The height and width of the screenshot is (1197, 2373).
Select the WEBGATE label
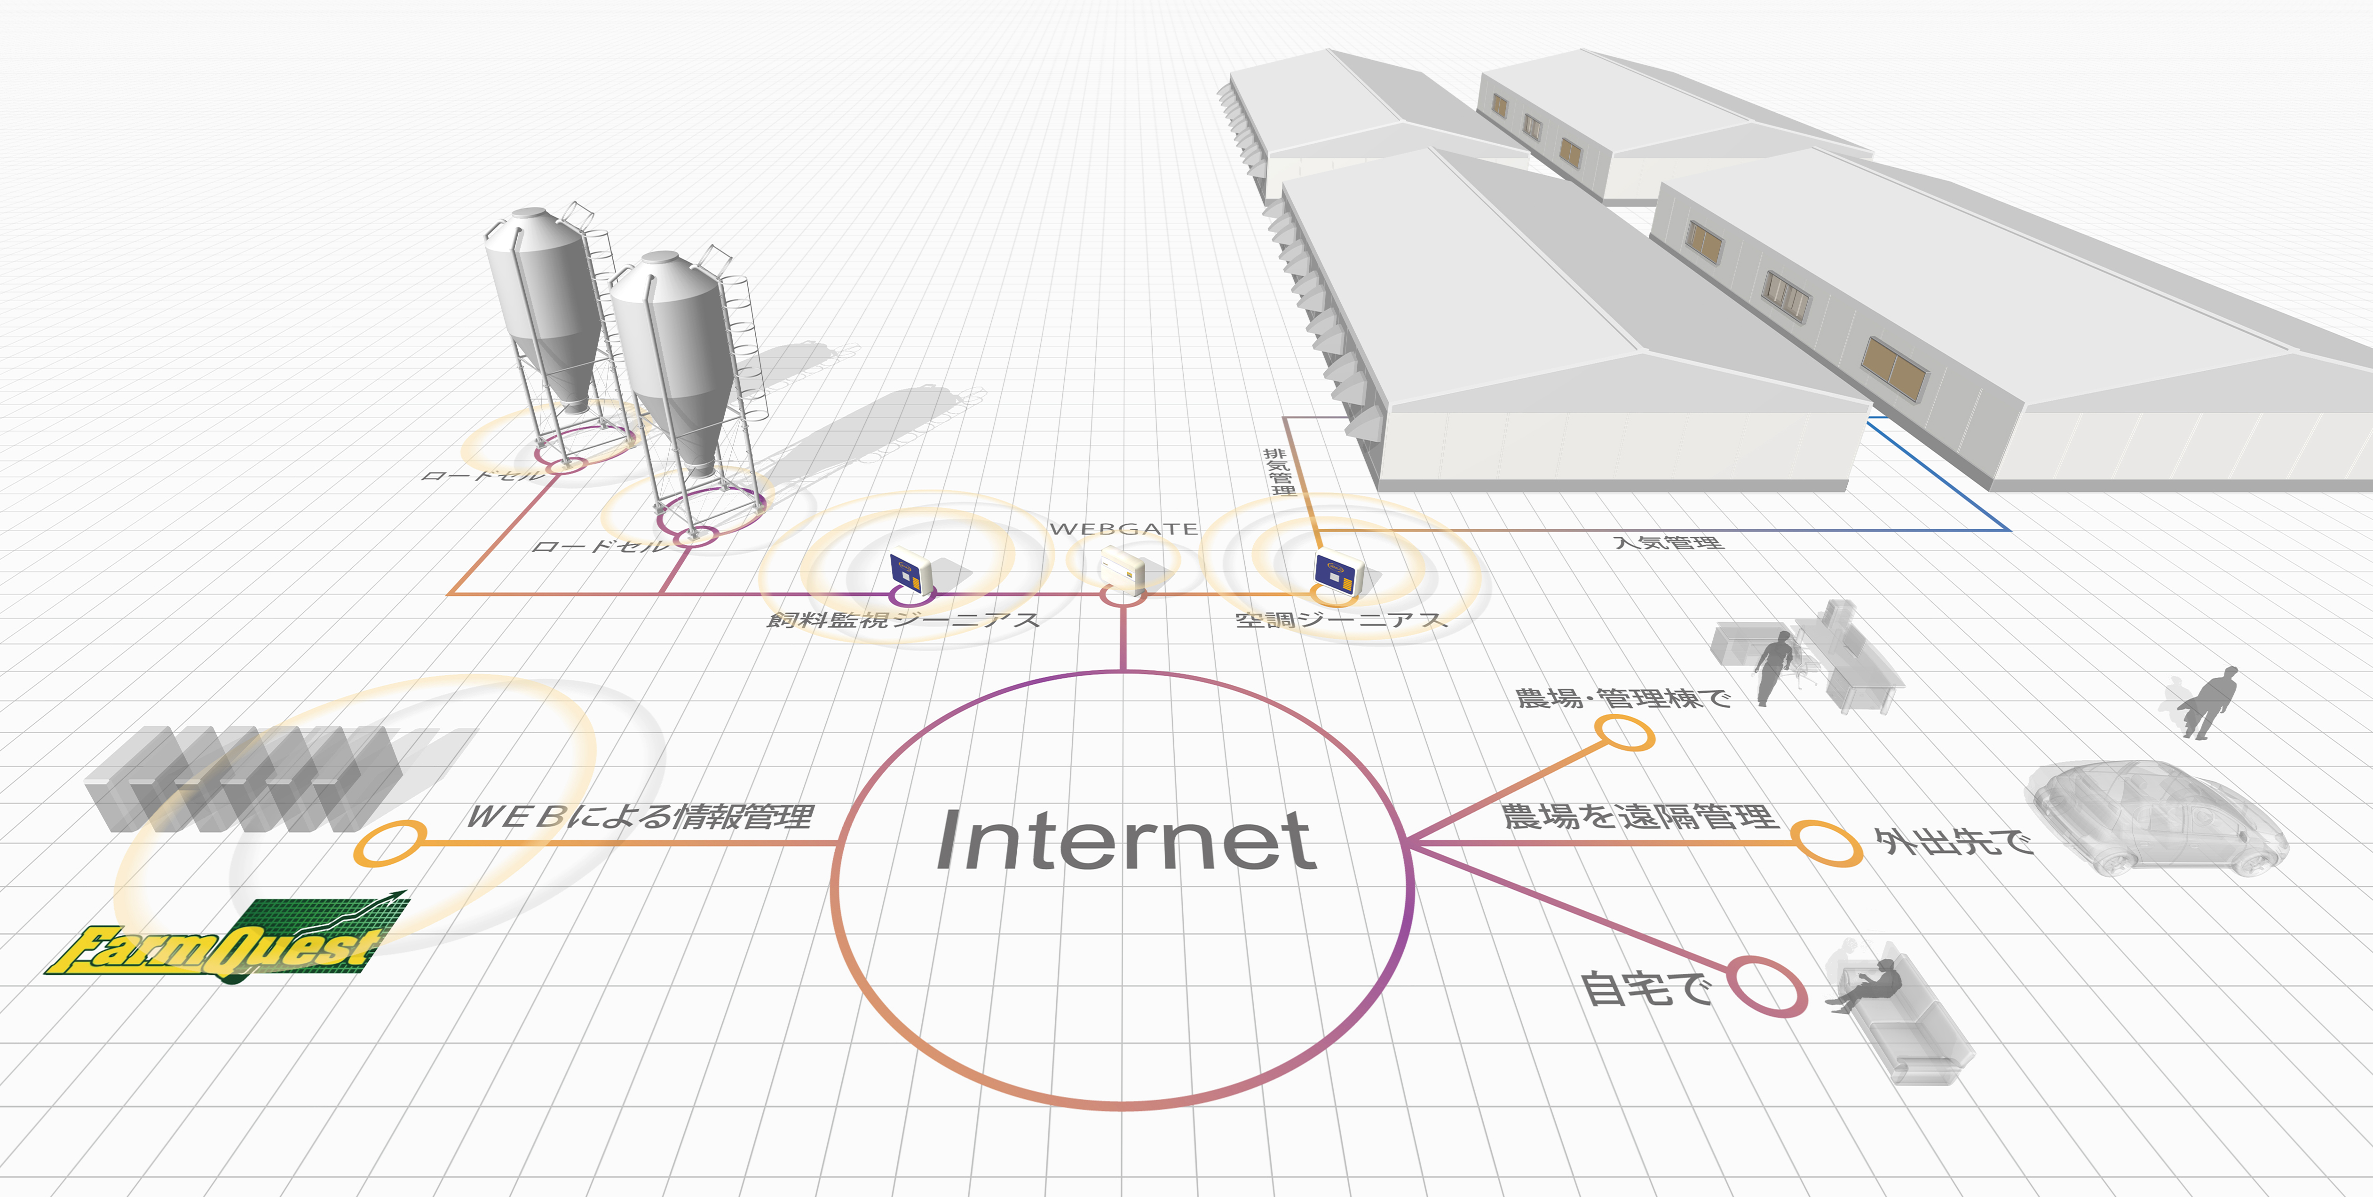pyautogui.click(x=1124, y=529)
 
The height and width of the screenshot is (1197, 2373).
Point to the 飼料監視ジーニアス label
pyautogui.click(x=903, y=620)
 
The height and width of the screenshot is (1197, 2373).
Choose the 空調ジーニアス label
pyautogui.click(x=1341, y=620)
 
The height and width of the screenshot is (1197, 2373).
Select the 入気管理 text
pyautogui.click(x=1668, y=542)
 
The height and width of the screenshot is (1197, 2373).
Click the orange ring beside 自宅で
pyautogui.click(x=1766, y=987)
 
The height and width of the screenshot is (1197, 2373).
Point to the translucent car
pyautogui.click(x=2156, y=818)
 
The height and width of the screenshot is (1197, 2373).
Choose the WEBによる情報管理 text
pyautogui.click(x=640, y=816)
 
